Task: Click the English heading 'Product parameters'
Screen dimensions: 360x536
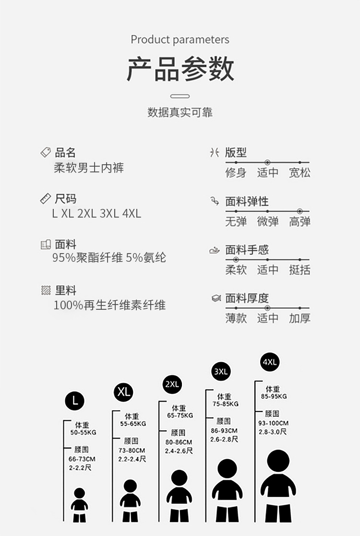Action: pos(180,39)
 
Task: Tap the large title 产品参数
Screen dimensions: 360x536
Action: pos(180,69)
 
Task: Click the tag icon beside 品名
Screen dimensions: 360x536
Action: pos(46,153)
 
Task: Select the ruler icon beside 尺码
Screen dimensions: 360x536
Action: pos(46,198)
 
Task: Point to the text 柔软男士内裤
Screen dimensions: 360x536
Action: pos(89,168)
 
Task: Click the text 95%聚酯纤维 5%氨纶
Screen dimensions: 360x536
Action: pos(109,257)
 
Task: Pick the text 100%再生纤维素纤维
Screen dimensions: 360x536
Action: pos(109,305)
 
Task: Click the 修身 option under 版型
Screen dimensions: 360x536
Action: pos(236,172)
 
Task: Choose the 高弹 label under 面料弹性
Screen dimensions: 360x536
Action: pos(300,221)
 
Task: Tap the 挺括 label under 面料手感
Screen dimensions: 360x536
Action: pos(300,270)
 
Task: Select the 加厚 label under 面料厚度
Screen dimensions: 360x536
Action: pos(300,318)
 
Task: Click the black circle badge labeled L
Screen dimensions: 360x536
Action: pos(74,401)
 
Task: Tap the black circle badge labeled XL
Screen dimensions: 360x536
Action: pos(123,391)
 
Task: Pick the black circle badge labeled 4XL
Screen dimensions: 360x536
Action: pos(270,362)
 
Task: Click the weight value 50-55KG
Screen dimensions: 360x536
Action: pos(83,432)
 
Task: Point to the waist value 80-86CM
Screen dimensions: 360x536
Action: pos(179,442)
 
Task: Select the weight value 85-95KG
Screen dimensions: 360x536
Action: pos(274,397)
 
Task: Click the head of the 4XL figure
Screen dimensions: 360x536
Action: pos(278,461)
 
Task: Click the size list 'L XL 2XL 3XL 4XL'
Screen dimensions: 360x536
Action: pos(96,214)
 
